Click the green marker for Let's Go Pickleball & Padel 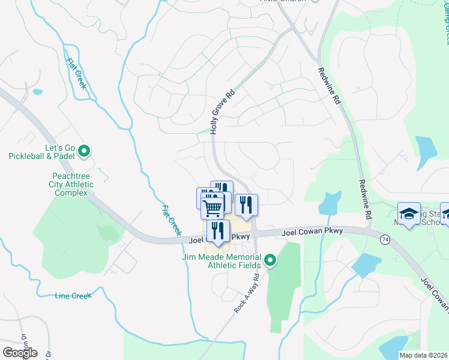(84, 151)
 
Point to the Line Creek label (72, 296)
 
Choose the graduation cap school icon (409, 214)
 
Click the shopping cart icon (212, 207)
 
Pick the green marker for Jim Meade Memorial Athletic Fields (271, 260)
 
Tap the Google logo (20, 353)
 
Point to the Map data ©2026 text (423, 355)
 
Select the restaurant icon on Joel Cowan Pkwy (218, 230)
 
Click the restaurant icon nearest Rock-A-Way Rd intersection (246, 205)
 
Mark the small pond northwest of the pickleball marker (38, 92)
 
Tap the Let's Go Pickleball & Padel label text (41, 151)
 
